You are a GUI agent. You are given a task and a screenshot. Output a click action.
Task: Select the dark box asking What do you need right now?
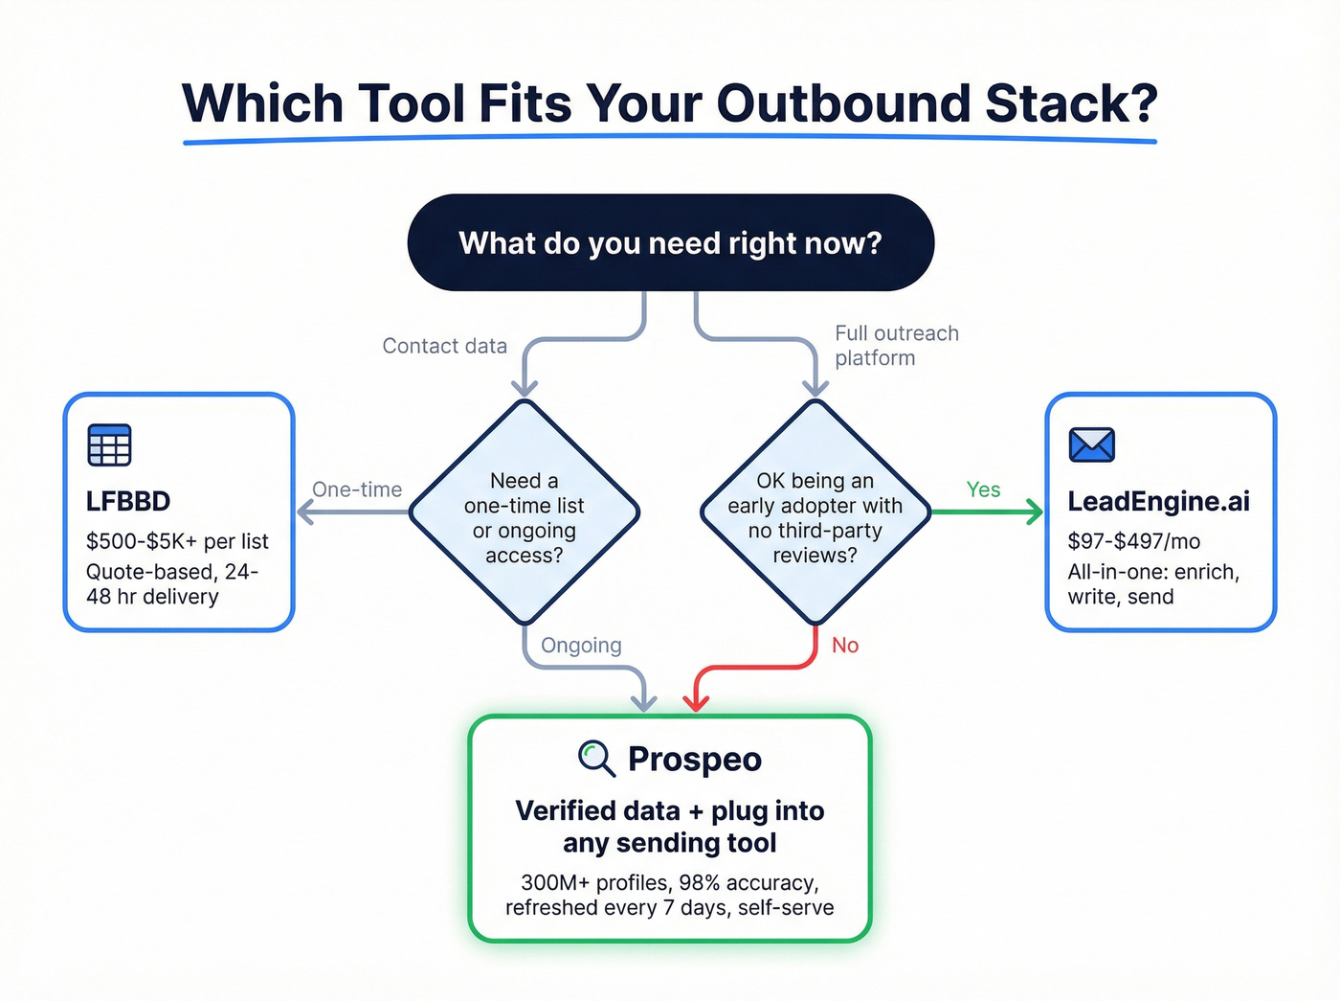(x=670, y=243)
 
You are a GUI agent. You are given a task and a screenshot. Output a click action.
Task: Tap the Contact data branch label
(x=444, y=346)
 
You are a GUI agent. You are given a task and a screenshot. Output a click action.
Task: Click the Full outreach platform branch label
(x=895, y=345)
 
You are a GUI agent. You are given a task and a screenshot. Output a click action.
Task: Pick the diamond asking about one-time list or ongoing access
(x=524, y=512)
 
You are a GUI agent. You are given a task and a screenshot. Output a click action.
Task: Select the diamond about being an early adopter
(x=815, y=512)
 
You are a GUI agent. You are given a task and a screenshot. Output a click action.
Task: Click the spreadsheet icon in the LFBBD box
(x=109, y=444)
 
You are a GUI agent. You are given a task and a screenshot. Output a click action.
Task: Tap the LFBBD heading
(x=128, y=501)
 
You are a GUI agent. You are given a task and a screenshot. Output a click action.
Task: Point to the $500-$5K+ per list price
(x=177, y=541)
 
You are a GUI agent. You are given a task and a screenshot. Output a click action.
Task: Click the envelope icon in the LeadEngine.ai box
(x=1091, y=444)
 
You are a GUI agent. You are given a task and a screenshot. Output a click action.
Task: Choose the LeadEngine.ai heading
(x=1158, y=501)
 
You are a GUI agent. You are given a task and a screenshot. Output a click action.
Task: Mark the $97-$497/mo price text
(x=1133, y=541)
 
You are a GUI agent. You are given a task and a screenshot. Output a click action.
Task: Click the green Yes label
(x=983, y=489)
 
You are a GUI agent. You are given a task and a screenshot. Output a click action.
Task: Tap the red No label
(x=844, y=646)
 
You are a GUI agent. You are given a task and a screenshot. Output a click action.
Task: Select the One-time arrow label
(x=357, y=489)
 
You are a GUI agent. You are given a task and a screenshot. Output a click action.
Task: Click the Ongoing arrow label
(x=581, y=646)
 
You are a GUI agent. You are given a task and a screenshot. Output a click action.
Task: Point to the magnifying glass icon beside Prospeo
(x=596, y=758)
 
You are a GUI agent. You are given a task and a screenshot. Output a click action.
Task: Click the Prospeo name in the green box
(x=695, y=759)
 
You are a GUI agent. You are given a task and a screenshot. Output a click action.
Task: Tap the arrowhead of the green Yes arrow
(x=1035, y=512)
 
